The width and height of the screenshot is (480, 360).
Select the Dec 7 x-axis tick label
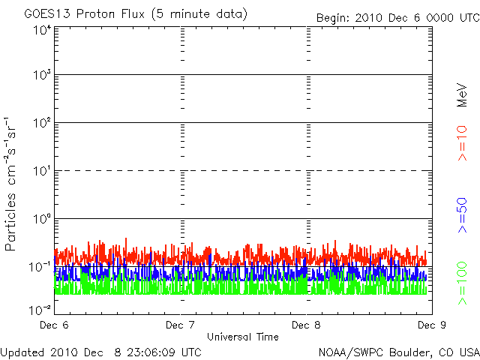pos(181,325)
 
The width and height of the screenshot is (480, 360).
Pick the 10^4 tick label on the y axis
pos(40,30)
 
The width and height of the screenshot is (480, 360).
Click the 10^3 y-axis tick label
pos(40,75)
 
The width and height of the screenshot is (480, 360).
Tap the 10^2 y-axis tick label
pos(40,123)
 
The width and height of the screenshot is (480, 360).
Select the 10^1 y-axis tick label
pos(40,171)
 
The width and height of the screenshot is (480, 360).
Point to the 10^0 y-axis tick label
pos(40,219)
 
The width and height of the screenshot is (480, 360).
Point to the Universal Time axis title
pos(244,336)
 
